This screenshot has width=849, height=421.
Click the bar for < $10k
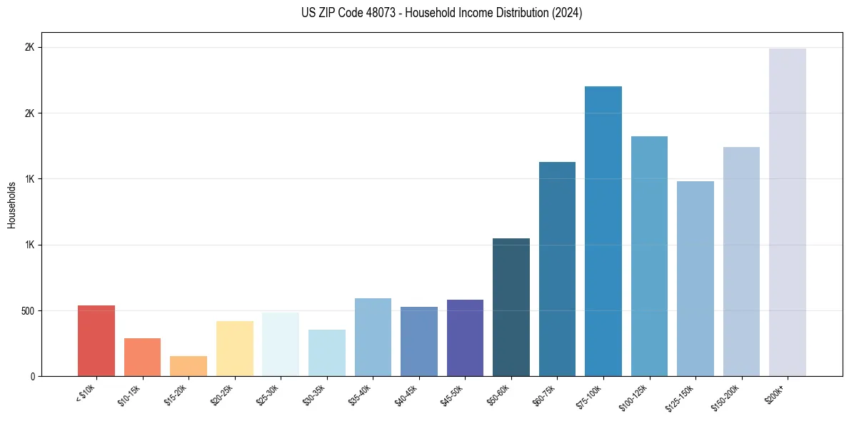coord(96,341)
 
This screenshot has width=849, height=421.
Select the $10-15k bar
coord(142,357)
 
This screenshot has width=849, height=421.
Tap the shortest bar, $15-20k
coord(189,366)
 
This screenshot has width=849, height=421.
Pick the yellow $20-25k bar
coord(235,349)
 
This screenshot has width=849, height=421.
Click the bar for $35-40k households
coord(373,338)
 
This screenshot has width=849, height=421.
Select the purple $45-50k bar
coord(465,338)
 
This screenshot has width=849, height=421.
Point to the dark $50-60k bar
coord(511,308)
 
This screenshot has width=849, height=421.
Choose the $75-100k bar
coord(603,231)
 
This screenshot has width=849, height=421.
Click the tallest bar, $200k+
coord(788,213)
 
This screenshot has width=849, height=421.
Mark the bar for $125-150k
coord(695,279)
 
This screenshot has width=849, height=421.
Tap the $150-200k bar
coord(741,262)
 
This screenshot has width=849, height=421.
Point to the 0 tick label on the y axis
coord(32,377)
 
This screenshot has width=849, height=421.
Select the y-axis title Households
coord(12,205)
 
